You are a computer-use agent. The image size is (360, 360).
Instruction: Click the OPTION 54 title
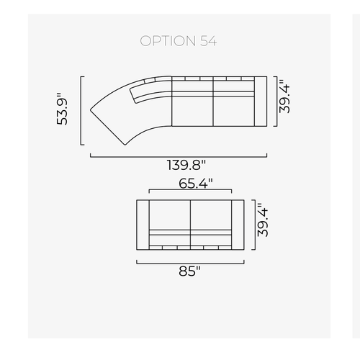pos(179,41)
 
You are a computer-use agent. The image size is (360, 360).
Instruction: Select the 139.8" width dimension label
pos(186,165)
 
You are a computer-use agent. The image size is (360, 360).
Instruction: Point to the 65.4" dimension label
pos(196,184)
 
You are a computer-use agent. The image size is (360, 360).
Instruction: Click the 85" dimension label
pos(189,271)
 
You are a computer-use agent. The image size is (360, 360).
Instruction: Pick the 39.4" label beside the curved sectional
pos(284,96)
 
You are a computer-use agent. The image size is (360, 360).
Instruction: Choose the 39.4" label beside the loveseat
pos(263,220)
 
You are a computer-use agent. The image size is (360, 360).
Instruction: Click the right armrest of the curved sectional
pos(261,102)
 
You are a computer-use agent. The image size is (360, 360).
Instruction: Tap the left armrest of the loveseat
pos(143,225)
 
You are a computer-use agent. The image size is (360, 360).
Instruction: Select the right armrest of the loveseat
pos(238,225)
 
